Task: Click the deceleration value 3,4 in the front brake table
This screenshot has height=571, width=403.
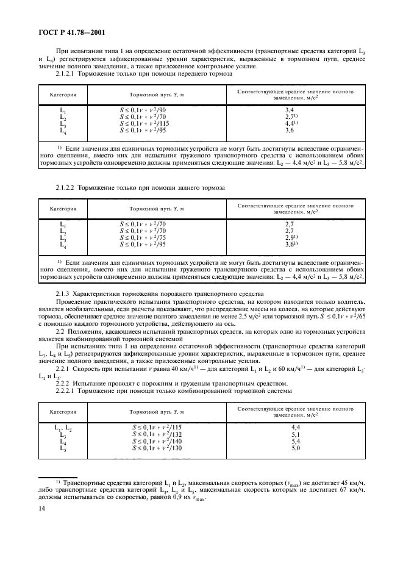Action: pyautogui.click(x=290, y=109)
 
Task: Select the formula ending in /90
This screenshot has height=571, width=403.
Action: pyautogui.click(x=143, y=109)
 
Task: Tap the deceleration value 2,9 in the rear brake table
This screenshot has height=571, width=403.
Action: pyautogui.click(x=290, y=237)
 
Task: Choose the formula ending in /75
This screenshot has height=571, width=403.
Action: pyautogui.click(x=143, y=237)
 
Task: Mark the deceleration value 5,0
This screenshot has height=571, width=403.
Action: pyautogui.click(x=296, y=448)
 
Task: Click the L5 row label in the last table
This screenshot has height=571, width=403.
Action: pyautogui.click(x=63, y=448)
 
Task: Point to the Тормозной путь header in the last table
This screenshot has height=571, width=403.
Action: pyautogui.click(x=158, y=412)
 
